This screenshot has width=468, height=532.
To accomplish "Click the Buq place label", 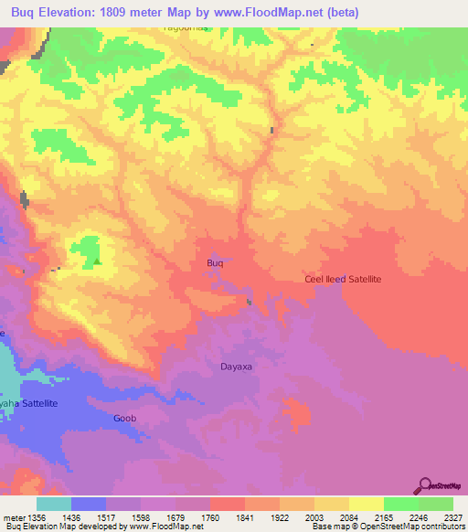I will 215,263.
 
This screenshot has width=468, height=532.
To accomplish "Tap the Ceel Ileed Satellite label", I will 343,278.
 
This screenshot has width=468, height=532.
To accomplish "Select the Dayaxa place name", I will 234,367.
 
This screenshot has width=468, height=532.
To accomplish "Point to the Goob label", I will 124,418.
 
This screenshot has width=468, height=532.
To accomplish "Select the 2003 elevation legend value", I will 314,517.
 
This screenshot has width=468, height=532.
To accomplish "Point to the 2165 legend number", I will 384,517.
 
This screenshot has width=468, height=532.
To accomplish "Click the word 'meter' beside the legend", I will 11,517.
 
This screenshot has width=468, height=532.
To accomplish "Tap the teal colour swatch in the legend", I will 53,504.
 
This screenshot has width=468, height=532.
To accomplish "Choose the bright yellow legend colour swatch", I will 366,504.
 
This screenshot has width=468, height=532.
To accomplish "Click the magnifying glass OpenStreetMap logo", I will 424,486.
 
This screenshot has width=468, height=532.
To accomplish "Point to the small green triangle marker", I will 97,262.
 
